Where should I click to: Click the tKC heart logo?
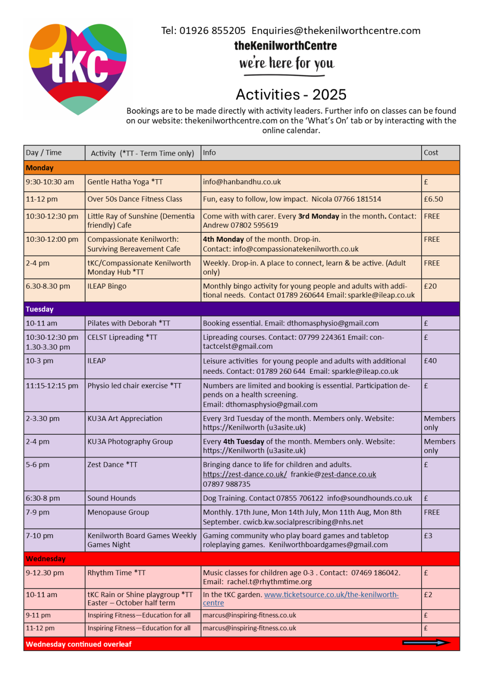(78, 69)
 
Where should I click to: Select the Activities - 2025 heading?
(291, 95)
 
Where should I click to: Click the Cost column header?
(431, 153)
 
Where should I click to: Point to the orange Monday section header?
(242, 168)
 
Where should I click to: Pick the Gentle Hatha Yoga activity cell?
(125, 182)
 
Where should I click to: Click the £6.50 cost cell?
(433, 199)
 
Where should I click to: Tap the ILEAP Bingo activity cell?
(107, 286)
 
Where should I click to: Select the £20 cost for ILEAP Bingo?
(430, 286)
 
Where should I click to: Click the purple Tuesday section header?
(242, 309)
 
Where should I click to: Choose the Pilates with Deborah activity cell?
(129, 323)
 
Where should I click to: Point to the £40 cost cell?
(430, 361)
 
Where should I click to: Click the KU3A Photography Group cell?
(130, 442)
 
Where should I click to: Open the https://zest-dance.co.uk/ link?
(245, 475)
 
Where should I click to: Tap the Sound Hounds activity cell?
(111, 498)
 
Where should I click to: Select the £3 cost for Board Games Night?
(428, 536)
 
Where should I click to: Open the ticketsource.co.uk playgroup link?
(331, 595)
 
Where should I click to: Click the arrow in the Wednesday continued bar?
(426, 643)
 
